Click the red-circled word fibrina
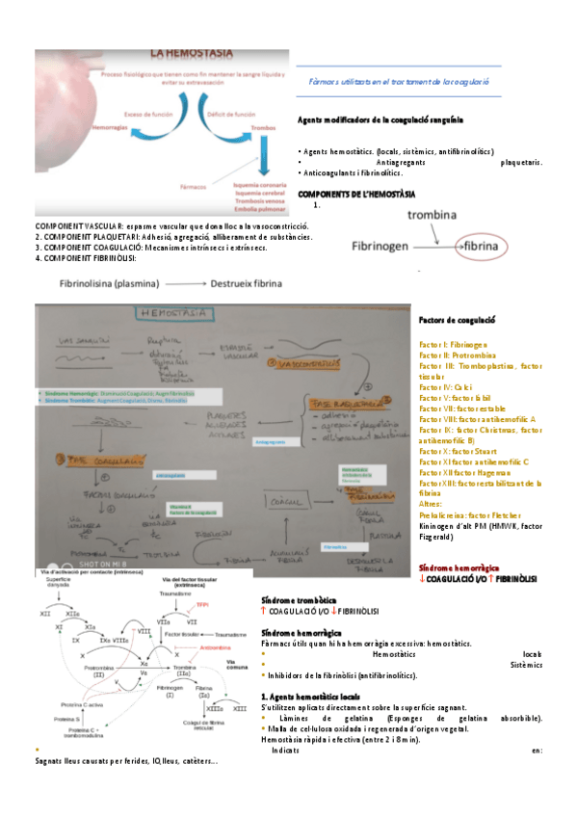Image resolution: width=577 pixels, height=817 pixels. (483, 247)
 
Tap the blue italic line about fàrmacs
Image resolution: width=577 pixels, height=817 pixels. (399, 83)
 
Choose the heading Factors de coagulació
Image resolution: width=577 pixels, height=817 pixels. (457, 319)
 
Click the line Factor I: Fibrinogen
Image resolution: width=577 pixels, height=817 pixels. (453, 344)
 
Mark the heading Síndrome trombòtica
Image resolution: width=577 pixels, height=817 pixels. (300, 599)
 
